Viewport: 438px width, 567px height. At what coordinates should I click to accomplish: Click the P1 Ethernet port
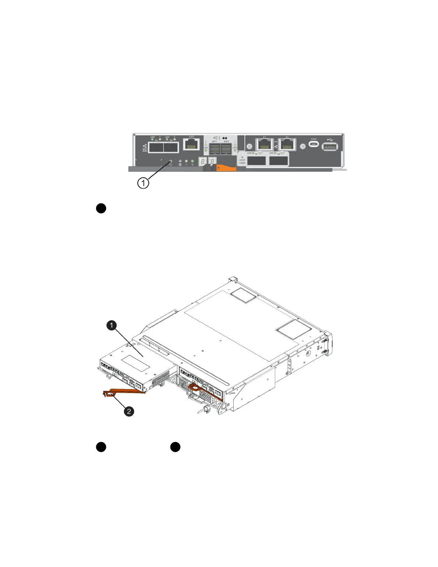(x=265, y=145)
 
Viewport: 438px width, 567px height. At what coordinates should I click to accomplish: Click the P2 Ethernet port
(x=287, y=145)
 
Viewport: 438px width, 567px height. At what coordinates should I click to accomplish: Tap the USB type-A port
(x=330, y=146)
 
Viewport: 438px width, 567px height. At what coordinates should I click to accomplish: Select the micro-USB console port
(x=314, y=144)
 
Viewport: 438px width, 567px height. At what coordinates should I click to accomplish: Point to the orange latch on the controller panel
(x=225, y=167)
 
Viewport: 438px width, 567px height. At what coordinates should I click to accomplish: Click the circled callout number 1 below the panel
(x=143, y=183)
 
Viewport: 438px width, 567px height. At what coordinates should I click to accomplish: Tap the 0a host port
(x=156, y=147)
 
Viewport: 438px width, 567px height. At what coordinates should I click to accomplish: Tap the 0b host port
(x=171, y=147)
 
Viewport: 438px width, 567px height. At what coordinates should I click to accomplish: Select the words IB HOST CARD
(x=242, y=160)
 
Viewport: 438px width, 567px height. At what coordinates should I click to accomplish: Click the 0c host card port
(x=257, y=161)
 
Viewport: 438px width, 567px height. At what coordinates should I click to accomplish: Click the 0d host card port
(x=279, y=161)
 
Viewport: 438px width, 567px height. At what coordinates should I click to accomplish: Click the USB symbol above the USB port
(x=330, y=139)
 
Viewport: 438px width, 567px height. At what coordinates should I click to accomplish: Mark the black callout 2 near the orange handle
(x=129, y=411)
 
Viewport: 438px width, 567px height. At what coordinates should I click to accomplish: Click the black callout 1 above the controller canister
(x=112, y=325)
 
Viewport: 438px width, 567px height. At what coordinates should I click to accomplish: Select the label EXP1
(x=214, y=141)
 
